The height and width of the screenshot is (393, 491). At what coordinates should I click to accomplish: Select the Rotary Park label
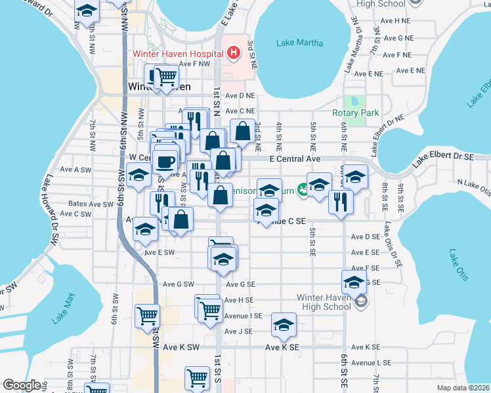[x=356, y=113]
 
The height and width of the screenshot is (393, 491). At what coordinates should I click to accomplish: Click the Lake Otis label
[x=459, y=265]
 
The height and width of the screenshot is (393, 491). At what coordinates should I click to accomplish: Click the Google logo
[x=22, y=385]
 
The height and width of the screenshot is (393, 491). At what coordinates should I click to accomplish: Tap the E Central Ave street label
[x=295, y=159]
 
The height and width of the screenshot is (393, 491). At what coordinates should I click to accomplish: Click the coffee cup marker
[x=166, y=160]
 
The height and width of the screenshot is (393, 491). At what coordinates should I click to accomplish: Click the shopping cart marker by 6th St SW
[x=148, y=315]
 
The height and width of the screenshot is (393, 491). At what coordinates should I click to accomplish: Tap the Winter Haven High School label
[x=324, y=301]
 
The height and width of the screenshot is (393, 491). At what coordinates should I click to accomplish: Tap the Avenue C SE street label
[x=282, y=222]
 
